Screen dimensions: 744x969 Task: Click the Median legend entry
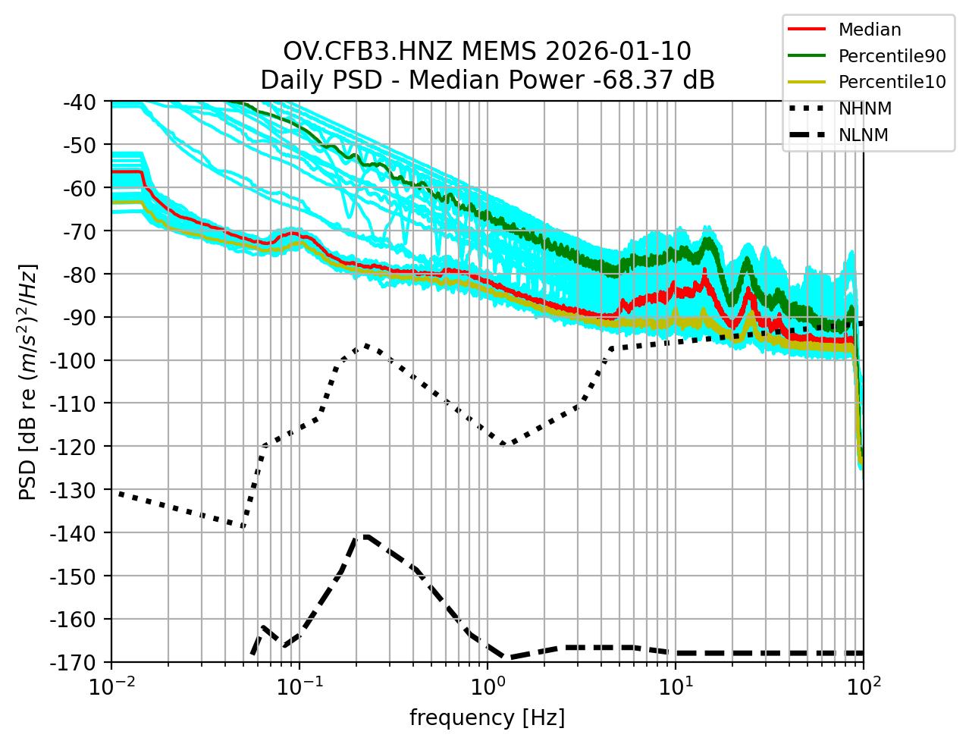click(x=870, y=30)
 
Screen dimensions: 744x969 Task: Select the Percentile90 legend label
click(x=892, y=56)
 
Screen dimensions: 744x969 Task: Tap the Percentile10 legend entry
click(x=892, y=83)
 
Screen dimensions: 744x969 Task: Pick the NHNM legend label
click(x=864, y=109)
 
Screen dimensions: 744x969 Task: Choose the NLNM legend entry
click(x=864, y=135)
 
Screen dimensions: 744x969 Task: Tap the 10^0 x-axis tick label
click(x=488, y=686)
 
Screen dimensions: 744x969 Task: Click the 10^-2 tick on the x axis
click(x=112, y=686)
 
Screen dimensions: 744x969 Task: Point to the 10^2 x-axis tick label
click(x=863, y=686)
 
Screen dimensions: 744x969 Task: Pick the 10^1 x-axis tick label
click(x=676, y=686)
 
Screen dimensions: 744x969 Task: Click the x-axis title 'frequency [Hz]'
click(x=487, y=717)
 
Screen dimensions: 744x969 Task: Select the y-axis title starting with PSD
click(x=28, y=381)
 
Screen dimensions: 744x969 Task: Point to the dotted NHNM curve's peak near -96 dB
click(x=366, y=345)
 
